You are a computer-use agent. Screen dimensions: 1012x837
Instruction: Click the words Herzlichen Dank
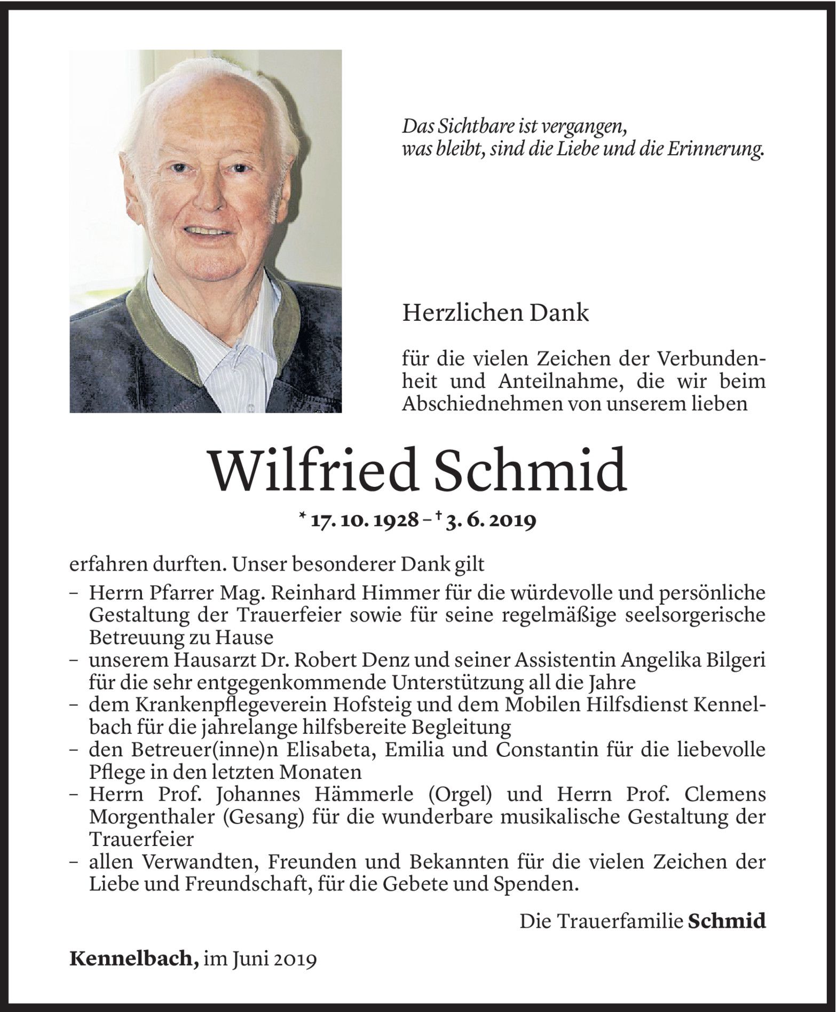(x=495, y=313)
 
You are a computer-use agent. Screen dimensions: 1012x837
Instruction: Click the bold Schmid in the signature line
(x=727, y=921)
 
